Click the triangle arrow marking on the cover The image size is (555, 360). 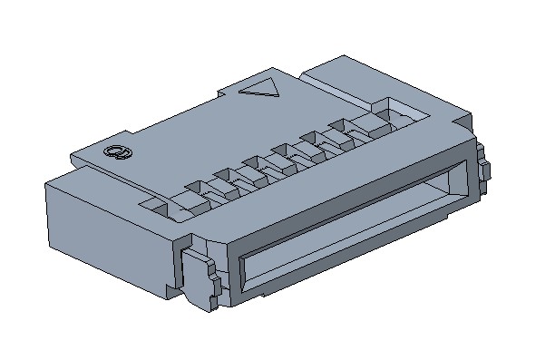[x=261, y=89]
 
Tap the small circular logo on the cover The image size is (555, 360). [x=115, y=152]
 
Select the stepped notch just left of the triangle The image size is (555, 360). [x=227, y=92]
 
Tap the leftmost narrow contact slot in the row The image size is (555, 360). [x=195, y=191]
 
